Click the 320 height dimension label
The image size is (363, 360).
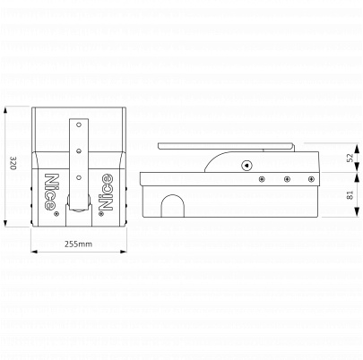pyautogui.click(x=13, y=163)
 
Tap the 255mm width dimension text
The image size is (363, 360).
pyautogui.click(x=79, y=244)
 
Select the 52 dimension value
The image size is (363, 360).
pyautogui.click(x=350, y=158)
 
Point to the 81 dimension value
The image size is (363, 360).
pyautogui.click(x=350, y=194)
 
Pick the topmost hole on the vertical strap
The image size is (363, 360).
pyautogui.click(x=79, y=124)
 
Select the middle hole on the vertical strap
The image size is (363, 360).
pyautogui.click(x=79, y=151)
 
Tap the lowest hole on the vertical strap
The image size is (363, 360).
pyautogui.click(x=79, y=178)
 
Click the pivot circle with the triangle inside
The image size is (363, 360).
pyautogui.click(x=246, y=165)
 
